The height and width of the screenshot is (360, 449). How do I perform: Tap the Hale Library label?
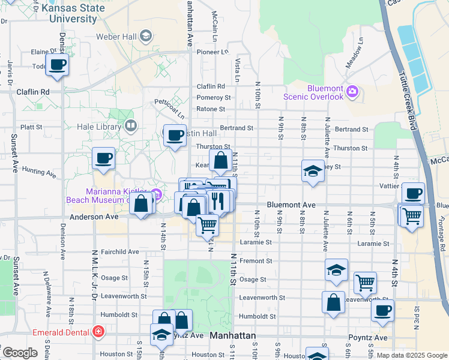[100, 127]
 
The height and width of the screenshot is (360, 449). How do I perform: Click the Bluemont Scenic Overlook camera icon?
[352, 92]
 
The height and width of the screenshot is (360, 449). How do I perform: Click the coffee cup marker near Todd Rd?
[58, 65]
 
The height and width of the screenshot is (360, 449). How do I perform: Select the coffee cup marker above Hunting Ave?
[103, 158]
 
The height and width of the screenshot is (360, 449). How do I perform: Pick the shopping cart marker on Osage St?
[365, 283]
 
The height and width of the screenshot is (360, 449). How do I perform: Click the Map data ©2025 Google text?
[411, 355]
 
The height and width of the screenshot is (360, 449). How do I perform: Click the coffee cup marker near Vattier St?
[413, 194]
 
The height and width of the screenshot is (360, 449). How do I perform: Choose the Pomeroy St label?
[214, 98]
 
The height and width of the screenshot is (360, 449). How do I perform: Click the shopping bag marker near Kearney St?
[220, 161]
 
